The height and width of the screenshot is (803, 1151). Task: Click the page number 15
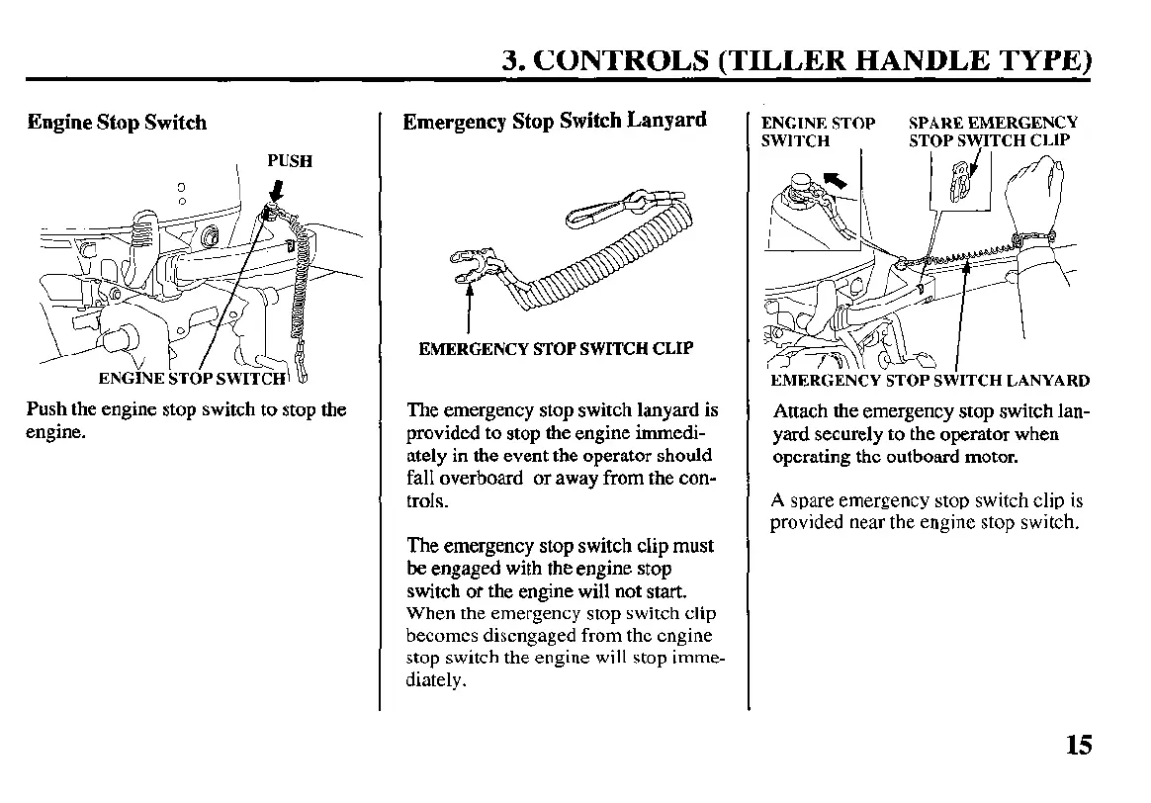point(1079,744)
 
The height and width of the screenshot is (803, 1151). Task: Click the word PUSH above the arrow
point(290,161)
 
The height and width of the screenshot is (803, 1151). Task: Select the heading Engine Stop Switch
point(117,123)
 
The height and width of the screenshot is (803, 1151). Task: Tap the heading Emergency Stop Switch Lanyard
point(555,121)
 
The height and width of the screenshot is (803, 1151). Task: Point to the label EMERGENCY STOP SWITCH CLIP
point(556,348)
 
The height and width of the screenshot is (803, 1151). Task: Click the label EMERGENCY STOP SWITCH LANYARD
point(930,381)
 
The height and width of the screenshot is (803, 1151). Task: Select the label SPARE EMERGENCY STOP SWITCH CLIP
point(992,132)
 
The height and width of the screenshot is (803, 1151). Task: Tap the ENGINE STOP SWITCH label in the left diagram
point(193,378)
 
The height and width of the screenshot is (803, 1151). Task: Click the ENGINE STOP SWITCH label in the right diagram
point(817,132)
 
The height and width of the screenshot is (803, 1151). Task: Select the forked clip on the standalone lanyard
point(473,269)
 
